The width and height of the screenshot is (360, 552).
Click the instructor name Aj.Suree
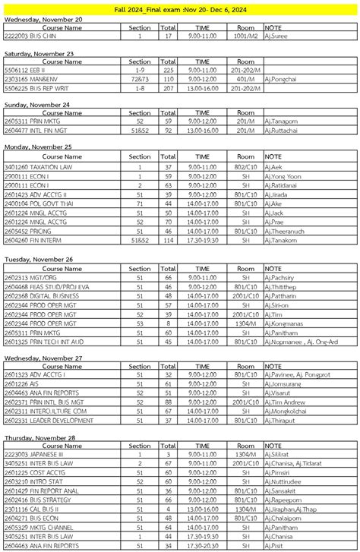click(277, 36)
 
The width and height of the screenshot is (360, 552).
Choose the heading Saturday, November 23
click(39, 54)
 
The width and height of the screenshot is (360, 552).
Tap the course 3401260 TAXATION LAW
click(39, 166)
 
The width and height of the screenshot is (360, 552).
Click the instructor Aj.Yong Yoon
click(283, 175)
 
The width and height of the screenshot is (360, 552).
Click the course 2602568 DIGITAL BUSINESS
click(43, 295)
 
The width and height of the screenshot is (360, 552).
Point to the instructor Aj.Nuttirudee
click(285, 481)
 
